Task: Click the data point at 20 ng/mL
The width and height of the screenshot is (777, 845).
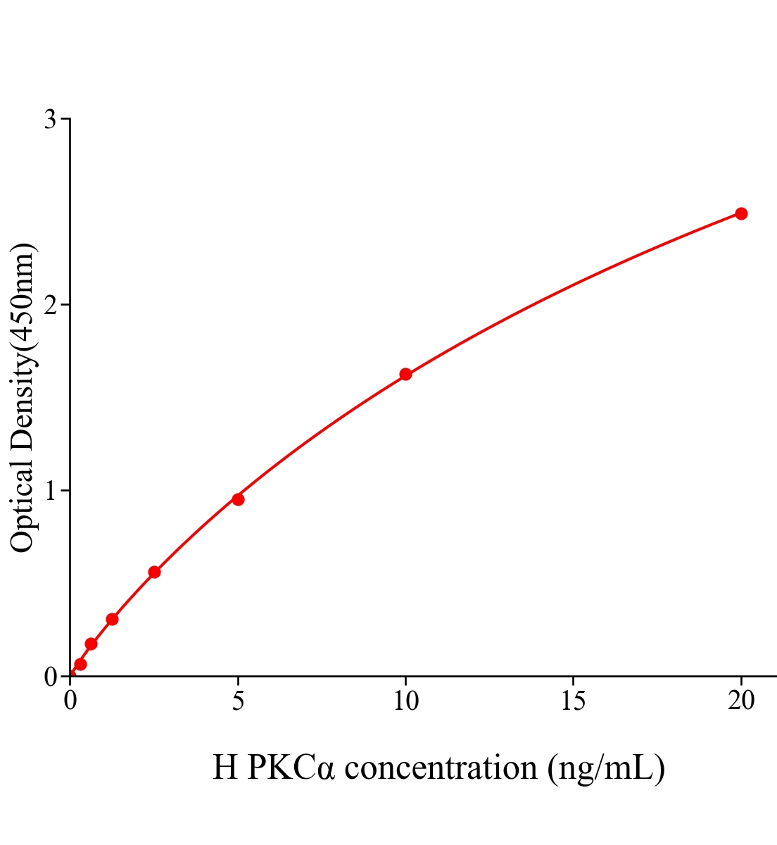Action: pyautogui.click(x=740, y=213)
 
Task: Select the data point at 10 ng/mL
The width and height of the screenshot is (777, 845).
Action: pyautogui.click(x=405, y=374)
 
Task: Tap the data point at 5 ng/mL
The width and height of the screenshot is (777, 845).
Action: pyautogui.click(x=238, y=499)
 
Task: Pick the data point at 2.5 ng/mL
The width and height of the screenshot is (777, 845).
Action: pyautogui.click(x=154, y=572)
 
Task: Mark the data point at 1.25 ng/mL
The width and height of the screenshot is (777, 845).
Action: pyautogui.click(x=112, y=619)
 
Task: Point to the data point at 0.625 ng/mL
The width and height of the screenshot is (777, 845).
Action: pyautogui.click(x=91, y=644)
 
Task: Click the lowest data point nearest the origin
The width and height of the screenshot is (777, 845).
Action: pyautogui.click(x=80, y=664)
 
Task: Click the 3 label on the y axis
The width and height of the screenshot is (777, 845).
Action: pyautogui.click(x=50, y=120)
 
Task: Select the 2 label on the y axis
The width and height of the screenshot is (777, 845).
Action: pyautogui.click(x=50, y=305)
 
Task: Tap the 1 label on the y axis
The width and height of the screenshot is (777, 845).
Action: pyautogui.click(x=50, y=491)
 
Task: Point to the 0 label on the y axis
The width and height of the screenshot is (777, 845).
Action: pyautogui.click(x=50, y=677)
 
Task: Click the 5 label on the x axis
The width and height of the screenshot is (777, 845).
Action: pyautogui.click(x=238, y=701)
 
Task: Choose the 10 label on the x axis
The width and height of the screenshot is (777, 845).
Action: pyautogui.click(x=405, y=701)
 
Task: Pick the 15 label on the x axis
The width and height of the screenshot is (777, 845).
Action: pyautogui.click(x=574, y=701)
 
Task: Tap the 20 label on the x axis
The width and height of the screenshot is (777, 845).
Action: pyautogui.click(x=741, y=701)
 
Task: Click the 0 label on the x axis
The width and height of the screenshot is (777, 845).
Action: pyautogui.click(x=70, y=701)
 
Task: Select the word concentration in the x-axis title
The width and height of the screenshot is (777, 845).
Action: pyautogui.click(x=441, y=768)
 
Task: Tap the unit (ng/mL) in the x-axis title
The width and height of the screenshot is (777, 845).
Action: pyautogui.click(x=606, y=768)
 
